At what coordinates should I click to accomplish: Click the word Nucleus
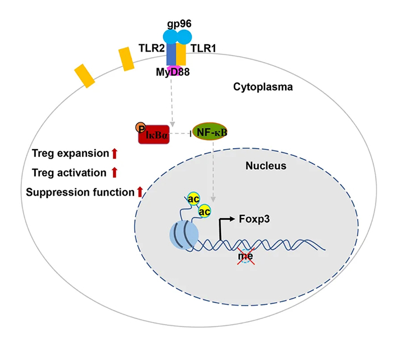(x=266, y=166)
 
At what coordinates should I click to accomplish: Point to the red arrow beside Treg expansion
(x=114, y=153)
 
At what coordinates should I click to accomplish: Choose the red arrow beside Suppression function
(x=140, y=192)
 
